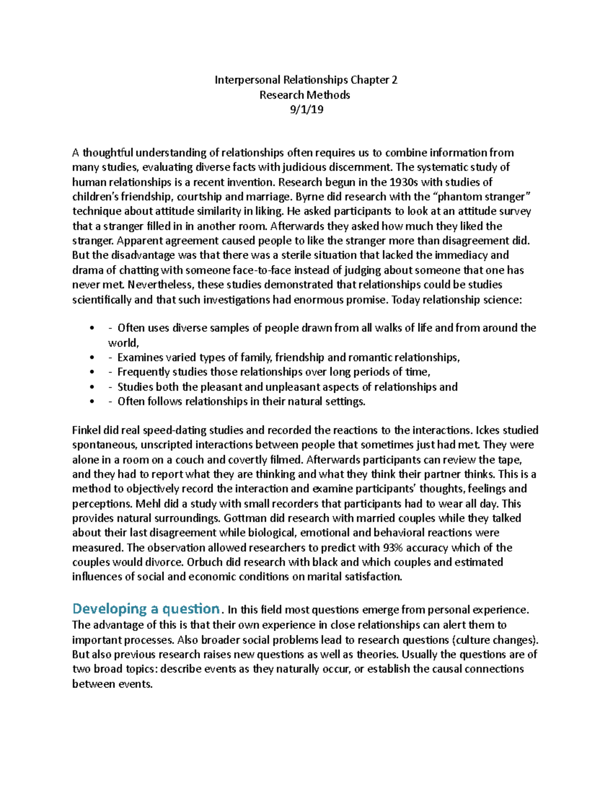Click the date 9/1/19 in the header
point(306,110)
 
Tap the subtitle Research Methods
point(305,95)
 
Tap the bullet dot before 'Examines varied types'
point(92,358)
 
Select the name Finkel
point(86,430)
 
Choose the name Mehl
point(148,504)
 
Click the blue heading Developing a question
point(146,609)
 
